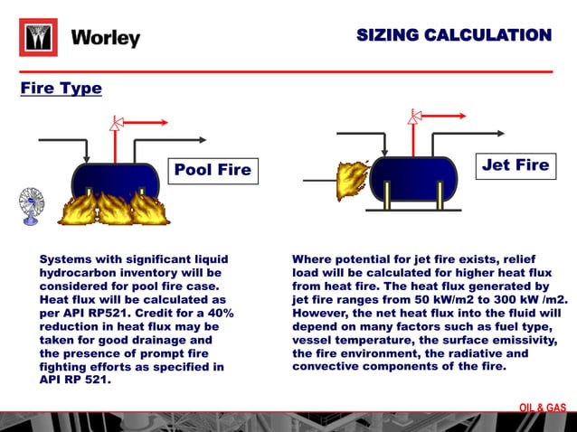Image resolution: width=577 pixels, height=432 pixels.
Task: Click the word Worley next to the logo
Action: click(x=106, y=38)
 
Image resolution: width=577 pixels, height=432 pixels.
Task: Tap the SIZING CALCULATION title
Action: click(x=453, y=35)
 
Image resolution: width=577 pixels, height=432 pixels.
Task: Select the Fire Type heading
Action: click(x=61, y=89)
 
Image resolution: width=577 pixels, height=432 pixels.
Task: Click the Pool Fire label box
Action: click(x=213, y=170)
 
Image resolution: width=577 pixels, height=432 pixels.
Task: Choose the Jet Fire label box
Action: click(x=515, y=164)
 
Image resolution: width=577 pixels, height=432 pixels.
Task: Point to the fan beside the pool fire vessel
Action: click(x=31, y=204)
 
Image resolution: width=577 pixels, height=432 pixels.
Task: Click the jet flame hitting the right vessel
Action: click(x=348, y=180)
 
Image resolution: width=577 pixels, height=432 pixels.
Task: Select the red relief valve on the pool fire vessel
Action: click(x=115, y=124)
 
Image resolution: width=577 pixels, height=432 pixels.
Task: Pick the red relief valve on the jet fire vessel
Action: click(x=414, y=117)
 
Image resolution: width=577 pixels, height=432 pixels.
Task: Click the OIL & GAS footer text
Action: click(x=542, y=408)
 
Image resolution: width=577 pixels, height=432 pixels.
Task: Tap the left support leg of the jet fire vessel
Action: click(x=387, y=193)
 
